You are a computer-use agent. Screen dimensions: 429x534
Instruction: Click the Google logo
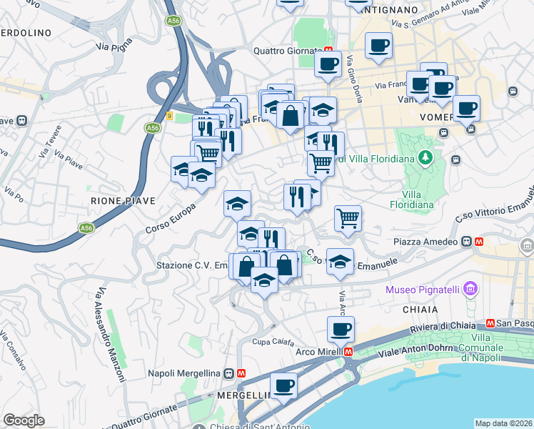pos(24,420)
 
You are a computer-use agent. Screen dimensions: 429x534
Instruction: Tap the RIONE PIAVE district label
pos(123,201)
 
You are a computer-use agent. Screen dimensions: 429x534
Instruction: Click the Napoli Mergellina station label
pos(185,373)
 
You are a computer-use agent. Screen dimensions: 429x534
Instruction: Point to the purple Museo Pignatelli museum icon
pos(470,289)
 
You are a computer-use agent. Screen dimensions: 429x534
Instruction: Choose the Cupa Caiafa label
pos(272,341)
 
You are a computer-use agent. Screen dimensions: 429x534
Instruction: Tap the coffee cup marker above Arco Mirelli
pos(341,329)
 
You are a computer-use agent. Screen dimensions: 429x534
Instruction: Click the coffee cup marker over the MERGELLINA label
pos(283,385)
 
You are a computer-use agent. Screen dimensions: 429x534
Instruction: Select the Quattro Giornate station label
pos(288,51)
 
